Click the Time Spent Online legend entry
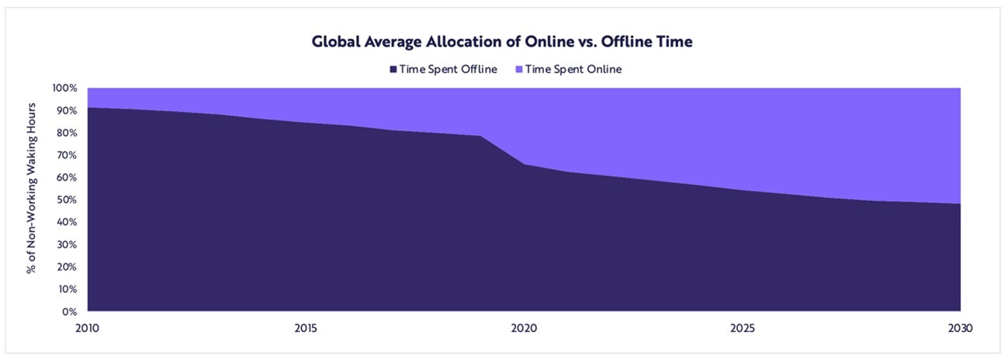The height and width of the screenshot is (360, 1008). (573, 69)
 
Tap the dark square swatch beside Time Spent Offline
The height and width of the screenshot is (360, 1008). (393, 69)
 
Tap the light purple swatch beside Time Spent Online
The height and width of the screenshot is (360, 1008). (518, 69)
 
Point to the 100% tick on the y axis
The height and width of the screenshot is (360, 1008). (64, 88)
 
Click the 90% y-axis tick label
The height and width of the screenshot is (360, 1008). (66, 110)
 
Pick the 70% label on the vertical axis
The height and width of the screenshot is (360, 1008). (66, 155)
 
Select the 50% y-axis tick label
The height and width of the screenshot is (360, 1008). (66, 199)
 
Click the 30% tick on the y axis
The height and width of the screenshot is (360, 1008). (66, 244)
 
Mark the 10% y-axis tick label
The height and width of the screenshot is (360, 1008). (66, 289)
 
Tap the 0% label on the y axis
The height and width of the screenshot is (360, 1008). (69, 312)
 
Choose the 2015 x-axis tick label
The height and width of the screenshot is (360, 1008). (307, 328)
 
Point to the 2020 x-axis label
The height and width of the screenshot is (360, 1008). (525, 328)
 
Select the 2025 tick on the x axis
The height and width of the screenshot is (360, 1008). (743, 328)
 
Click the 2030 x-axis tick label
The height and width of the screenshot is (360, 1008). (961, 328)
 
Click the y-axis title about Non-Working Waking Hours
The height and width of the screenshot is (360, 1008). (32, 199)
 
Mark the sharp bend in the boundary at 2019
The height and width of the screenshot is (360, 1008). (481, 137)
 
